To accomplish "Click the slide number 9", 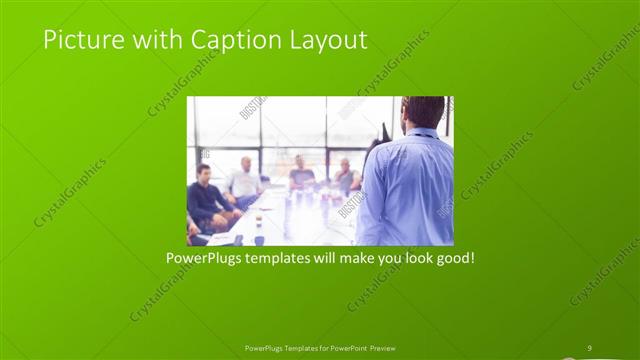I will coord(589,348).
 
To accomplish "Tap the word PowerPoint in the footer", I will coord(345,348).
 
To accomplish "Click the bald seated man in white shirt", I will coord(244,180).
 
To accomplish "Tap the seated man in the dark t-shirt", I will coord(300,174).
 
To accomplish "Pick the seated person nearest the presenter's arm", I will coord(346,176).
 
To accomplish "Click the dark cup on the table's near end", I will coord(259,239).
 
